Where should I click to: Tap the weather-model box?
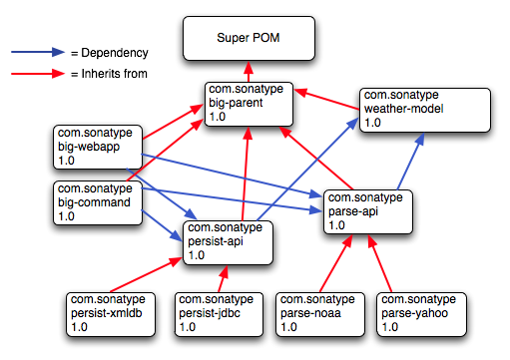426,109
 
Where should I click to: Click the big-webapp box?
98,147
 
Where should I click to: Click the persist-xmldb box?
109,312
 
